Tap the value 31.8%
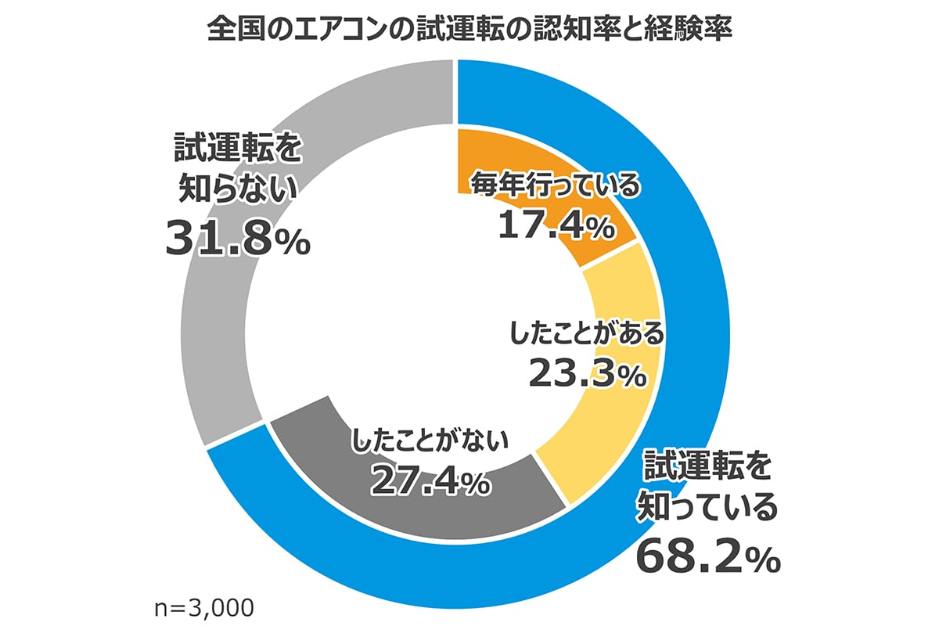237,239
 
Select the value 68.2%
708,556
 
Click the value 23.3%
587,374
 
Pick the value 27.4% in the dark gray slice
430,481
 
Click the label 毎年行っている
555,187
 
